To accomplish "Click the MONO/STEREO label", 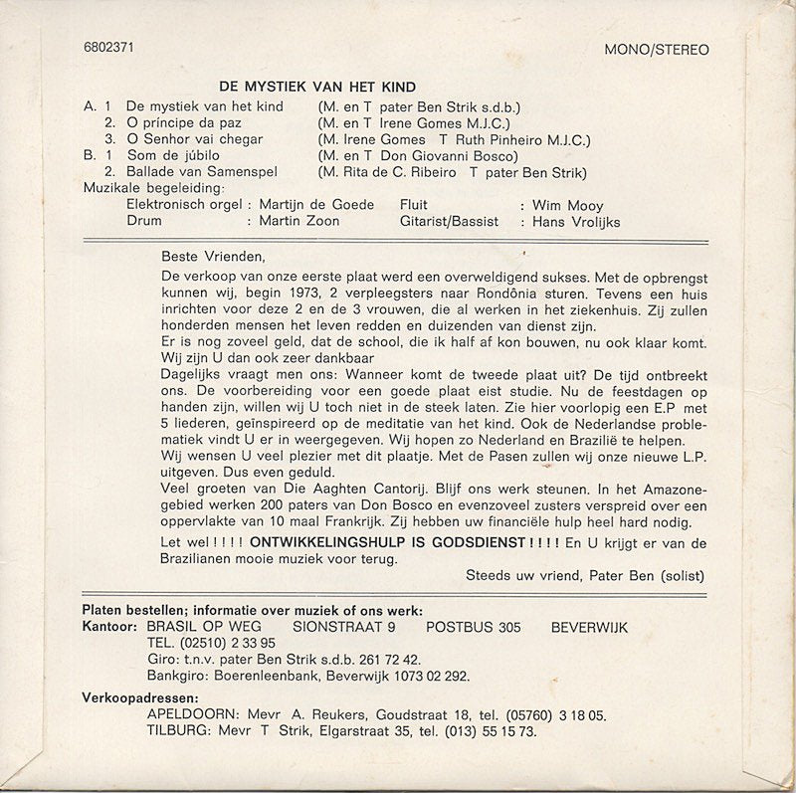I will point(657,50).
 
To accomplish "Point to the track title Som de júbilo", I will point(171,155).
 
